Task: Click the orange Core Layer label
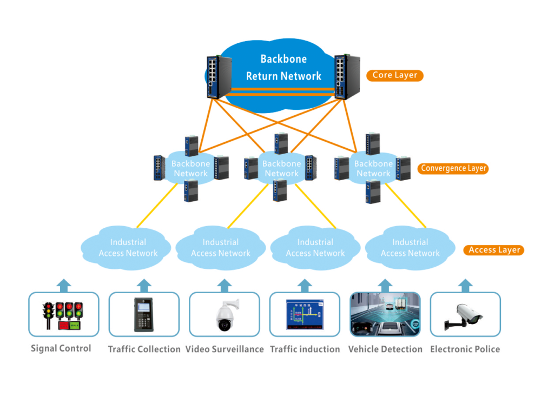tap(394, 75)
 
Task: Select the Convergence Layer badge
tap(453, 168)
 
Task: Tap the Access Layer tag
tap(494, 250)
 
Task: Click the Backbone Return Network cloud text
tap(283, 68)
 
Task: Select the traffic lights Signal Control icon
tap(63, 315)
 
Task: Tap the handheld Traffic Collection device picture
tap(143, 315)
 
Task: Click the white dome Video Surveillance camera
tap(225, 315)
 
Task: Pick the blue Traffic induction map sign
tap(305, 315)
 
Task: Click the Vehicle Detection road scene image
tap(385, 315)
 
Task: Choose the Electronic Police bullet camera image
tap(465, 315)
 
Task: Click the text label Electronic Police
tap(465, 349)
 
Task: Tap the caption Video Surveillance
tap(225, 349)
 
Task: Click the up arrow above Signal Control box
tap(64, 285)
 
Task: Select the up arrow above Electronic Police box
tap(465, 285)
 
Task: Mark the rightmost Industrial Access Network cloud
tap(410, 248)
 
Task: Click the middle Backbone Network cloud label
tap(281, 168)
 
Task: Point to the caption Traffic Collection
tap(144, 349)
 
